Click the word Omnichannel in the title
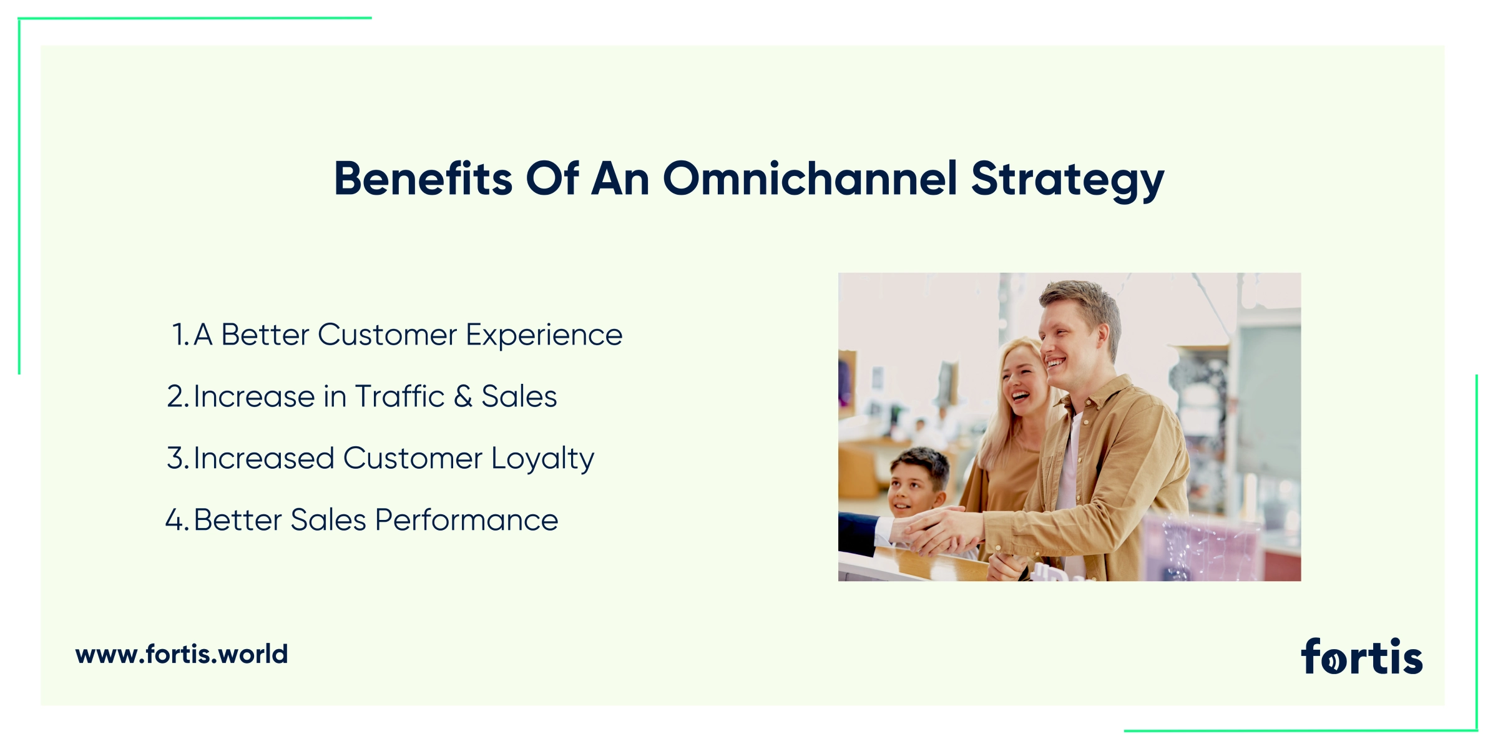point(810,179)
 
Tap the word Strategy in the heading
point(1068,181)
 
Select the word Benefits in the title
point(423,179)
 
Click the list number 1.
point(180,335)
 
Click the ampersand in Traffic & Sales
point(463,397)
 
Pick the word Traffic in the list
point(400,396)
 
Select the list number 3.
point(178,458)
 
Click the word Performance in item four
point(467,520)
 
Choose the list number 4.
point(177,520)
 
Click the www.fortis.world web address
point(182,654)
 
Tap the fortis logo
point(1362,656)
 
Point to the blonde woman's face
point(1022,381)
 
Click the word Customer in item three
point(413,458)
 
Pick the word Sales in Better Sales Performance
point(328,520)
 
